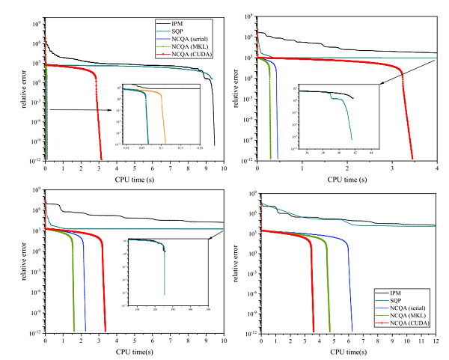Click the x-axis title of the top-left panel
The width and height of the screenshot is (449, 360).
coord(135,180)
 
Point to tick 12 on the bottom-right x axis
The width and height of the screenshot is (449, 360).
coord(437,341)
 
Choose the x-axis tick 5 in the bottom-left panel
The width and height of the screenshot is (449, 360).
coord(135,341)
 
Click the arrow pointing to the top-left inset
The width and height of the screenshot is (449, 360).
coord(82,110)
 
